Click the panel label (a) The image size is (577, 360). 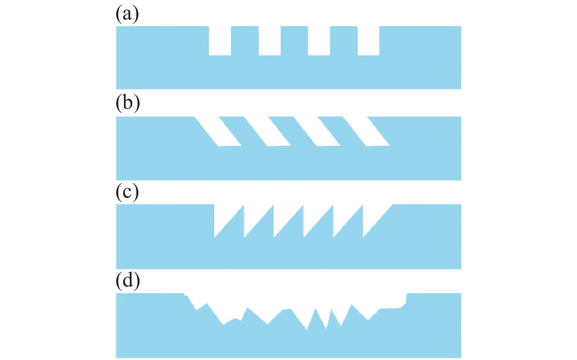[127, 15]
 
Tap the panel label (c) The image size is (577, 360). [127, 192]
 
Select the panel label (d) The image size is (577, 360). [128, 281]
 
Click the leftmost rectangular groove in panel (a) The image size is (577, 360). [220, 41]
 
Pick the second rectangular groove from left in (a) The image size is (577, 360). [270, 41]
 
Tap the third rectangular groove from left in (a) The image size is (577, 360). [319, 41]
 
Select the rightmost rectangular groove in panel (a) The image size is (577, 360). [368, 41]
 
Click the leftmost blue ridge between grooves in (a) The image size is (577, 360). [245, 41]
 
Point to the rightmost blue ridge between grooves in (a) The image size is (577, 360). [344, 41]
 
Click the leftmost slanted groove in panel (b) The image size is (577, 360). [218, 131]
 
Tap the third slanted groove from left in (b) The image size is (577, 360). [317, 131]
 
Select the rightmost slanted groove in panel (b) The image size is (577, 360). [366, 131]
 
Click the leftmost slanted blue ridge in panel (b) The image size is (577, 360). [242, 131]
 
